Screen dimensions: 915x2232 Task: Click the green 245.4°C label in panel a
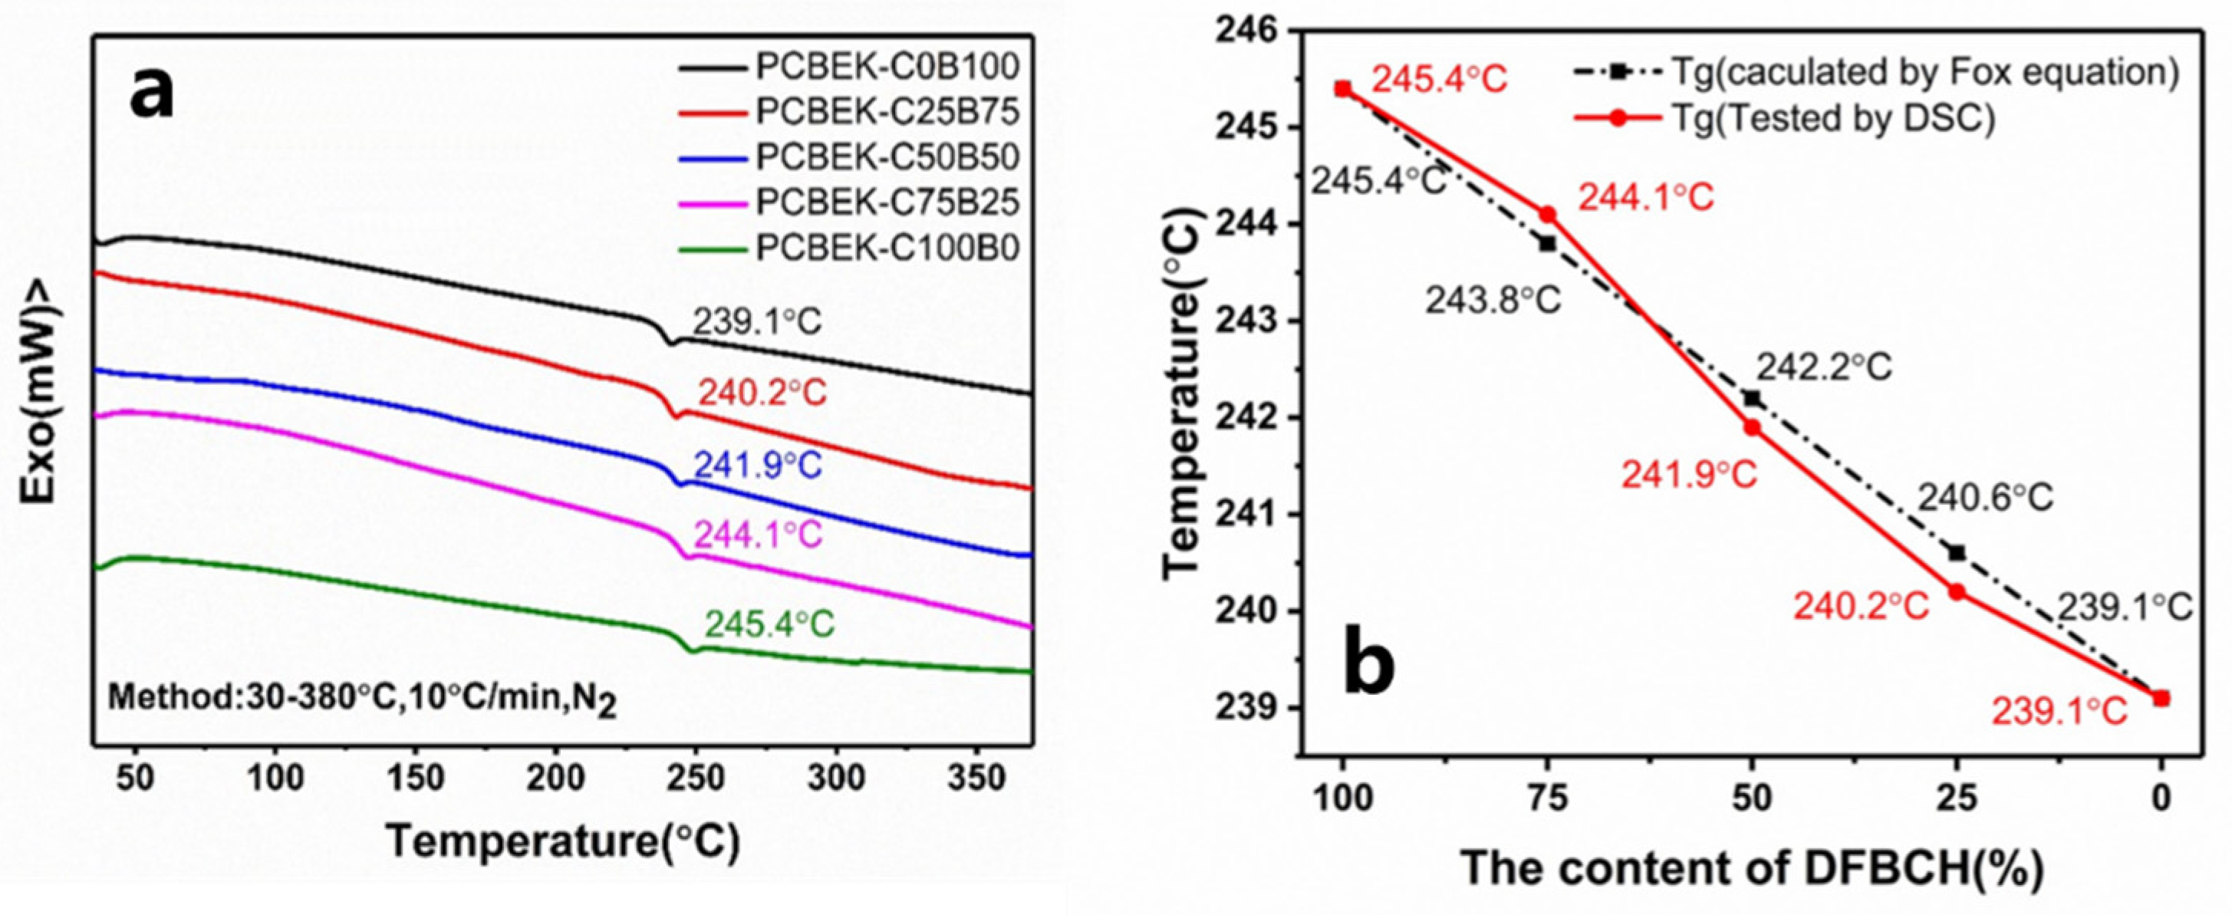769,624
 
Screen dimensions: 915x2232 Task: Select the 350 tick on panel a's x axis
976,779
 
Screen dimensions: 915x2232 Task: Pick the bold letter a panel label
152,94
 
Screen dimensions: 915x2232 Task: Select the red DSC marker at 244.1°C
1548,214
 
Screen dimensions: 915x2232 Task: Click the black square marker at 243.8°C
1548,243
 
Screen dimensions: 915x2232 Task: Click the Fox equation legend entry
1876,74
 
